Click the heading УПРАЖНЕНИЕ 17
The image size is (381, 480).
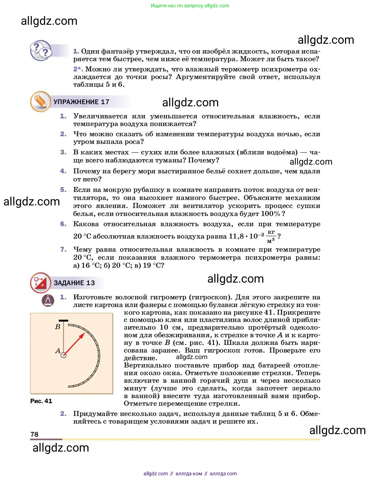81,102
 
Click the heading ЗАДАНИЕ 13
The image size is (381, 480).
74,283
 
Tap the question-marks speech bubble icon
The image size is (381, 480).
41,51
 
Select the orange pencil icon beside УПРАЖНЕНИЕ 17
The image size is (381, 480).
40,101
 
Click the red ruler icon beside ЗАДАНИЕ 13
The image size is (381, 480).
40,283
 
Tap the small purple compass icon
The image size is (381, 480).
48,300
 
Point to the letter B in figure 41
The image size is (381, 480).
58,327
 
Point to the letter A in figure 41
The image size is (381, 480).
58,351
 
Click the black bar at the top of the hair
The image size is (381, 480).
63,321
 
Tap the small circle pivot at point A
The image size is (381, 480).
63,355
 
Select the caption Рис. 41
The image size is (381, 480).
41,401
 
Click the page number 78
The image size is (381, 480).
34,434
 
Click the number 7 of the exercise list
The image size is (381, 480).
63,249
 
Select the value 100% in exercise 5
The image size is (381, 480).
271,214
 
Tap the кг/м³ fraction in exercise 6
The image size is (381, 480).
271,236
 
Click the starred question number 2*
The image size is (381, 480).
78,69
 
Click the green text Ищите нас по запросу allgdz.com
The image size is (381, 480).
190,5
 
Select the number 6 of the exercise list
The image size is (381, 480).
63,224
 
